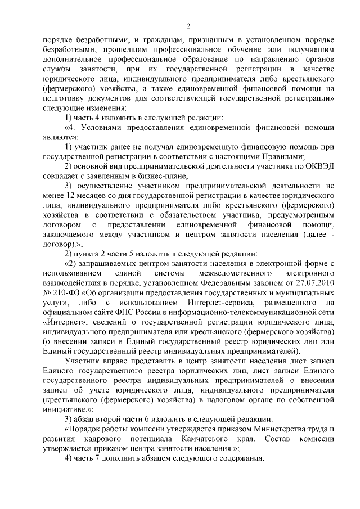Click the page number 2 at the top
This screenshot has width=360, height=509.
(x=189, y=25)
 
